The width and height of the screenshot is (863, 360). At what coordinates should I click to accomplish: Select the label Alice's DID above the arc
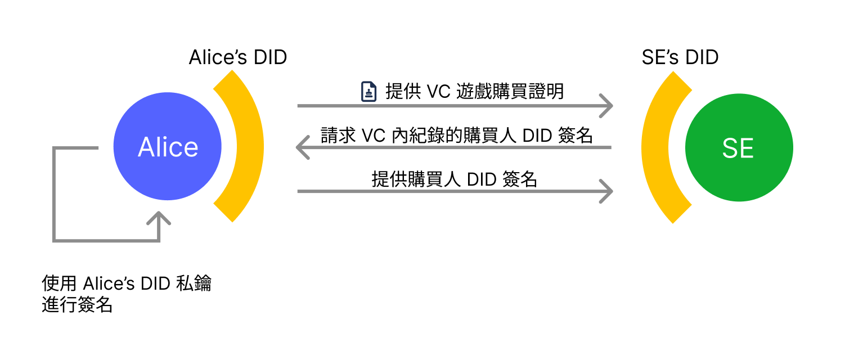pyautogui.click(x=237, y=57)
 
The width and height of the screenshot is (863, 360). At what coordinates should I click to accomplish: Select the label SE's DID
pyautogui.click(x=680, y=57)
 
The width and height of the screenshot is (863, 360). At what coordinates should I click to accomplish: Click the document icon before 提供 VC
pyautogui.click(x=368, y=92)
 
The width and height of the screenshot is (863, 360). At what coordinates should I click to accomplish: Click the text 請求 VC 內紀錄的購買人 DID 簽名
pyautogui.click(x=456, y=135)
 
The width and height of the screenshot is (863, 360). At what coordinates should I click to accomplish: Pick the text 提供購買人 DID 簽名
pyautogui.click(x=455, y=178)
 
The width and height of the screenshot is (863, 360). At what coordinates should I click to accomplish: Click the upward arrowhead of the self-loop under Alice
pyautogui.click(x=159, y=218)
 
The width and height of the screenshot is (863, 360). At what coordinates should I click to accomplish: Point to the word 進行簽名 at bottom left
pyautogui.click(x=78, y=305)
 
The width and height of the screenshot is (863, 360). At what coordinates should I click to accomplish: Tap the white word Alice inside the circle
pyautogui.click(x=168, y=147)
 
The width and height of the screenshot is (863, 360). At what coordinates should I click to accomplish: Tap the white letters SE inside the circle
pyautogui.click(x=738, y=149)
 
